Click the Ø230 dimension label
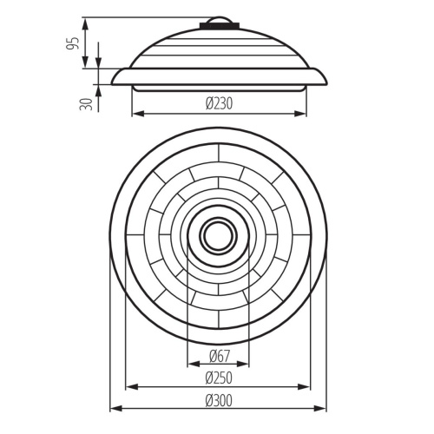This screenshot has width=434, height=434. click(219, 103)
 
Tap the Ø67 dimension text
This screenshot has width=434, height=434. click(219, 356)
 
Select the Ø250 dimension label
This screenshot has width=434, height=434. click(219, 378)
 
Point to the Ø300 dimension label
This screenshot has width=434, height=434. click(219, 401)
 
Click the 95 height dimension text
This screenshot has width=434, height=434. click(72, 43)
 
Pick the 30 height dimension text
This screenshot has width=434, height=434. click(86, 104)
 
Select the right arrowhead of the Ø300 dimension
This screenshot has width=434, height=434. click(321, 409)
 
